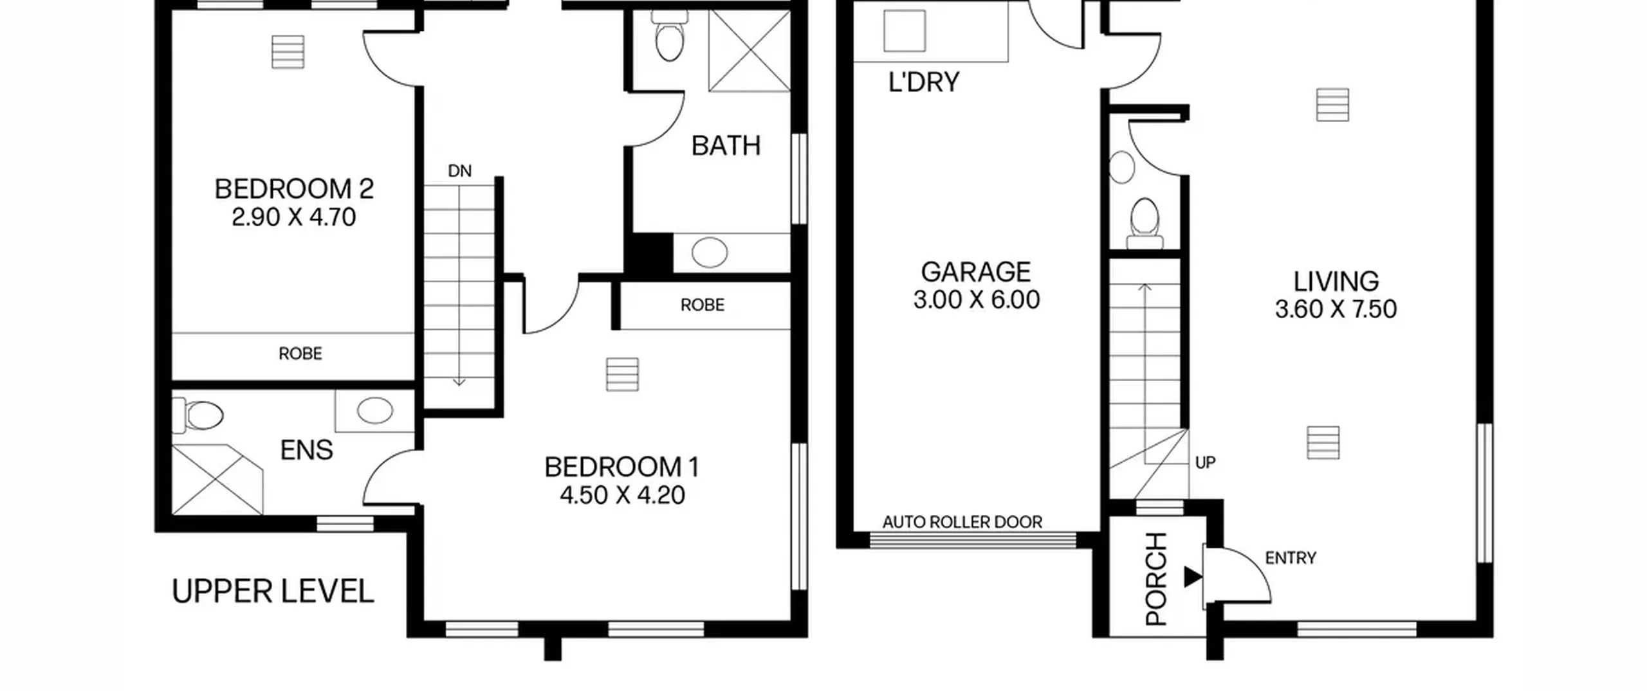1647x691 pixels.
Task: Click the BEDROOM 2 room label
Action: pos(294,189)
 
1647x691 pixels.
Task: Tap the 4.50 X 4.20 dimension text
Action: pos(622,495)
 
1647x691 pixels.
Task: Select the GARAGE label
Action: pos(975,272)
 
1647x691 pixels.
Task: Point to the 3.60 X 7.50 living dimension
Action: pos(1336,309)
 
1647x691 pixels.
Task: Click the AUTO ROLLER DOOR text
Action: pos(962,522)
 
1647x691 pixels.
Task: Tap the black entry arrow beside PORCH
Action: pos(1193,577)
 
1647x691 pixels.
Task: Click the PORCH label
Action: pos(1156,579)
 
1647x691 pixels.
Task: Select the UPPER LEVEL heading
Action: pos(273,591)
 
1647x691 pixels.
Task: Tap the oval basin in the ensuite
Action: pos(375,410)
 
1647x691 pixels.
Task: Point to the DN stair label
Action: pos(459,171)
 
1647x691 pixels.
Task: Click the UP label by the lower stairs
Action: pos(1205,462)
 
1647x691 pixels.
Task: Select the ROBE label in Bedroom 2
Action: pos(300,354)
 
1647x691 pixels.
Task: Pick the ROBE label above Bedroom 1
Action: pos(703,305)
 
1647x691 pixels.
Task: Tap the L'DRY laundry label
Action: pos(924,82)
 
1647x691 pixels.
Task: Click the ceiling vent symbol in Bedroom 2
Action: pos(288,51)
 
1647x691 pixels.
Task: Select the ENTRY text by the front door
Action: pos(1291,558)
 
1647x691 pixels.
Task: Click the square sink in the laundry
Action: pos(905,30)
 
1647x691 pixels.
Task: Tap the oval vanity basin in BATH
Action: pos(710,253)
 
